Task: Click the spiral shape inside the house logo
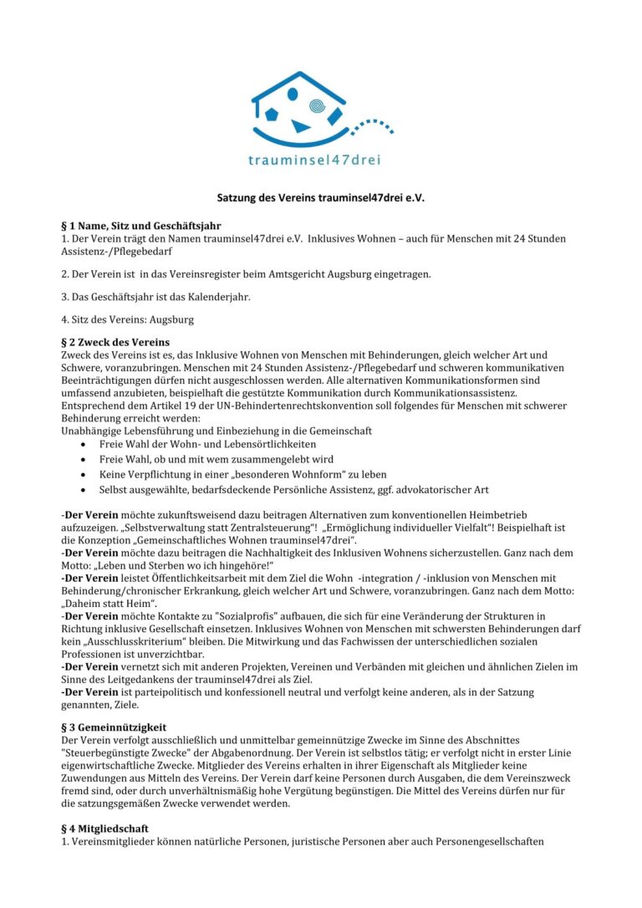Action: [317, 106]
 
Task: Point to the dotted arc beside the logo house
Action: [371, 125]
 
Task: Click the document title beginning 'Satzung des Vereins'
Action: [320, 198]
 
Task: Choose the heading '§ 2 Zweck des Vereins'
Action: [115, 342]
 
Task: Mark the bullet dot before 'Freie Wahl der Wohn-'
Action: [82, 444]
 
